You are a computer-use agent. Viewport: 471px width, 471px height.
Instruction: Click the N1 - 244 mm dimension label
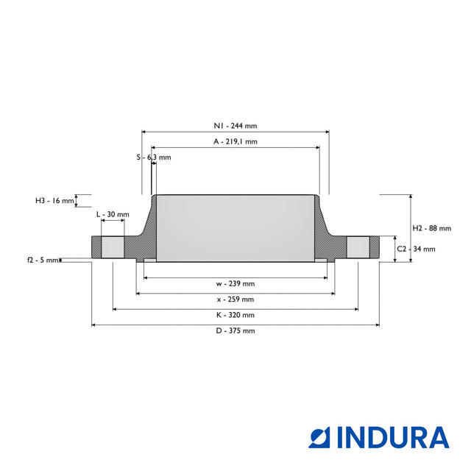pos(235,126)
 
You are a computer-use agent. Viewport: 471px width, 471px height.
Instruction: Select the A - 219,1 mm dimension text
pos(235,141)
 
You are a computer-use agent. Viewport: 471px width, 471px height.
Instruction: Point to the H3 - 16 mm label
pos(55,200)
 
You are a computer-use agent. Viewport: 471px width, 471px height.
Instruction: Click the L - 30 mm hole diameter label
pos(113,214)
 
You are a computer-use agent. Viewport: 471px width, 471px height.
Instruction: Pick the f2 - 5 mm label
pos(42,260)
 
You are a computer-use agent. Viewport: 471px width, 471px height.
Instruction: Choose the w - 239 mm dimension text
pos(235,283)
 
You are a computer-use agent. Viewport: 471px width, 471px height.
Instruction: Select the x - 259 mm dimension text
pos(235,299)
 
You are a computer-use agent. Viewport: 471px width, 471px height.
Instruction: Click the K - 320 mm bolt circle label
pos(235,314)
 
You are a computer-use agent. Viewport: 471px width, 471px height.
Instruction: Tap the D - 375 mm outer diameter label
pos(235,330)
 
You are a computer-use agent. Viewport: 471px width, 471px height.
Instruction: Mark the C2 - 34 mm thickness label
pos(421,249)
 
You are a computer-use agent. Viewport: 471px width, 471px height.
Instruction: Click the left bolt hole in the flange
pos(113,247)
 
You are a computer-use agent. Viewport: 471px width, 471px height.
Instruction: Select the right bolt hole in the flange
pos(358,247)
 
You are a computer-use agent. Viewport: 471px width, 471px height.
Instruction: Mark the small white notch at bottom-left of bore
pos(149,260)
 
